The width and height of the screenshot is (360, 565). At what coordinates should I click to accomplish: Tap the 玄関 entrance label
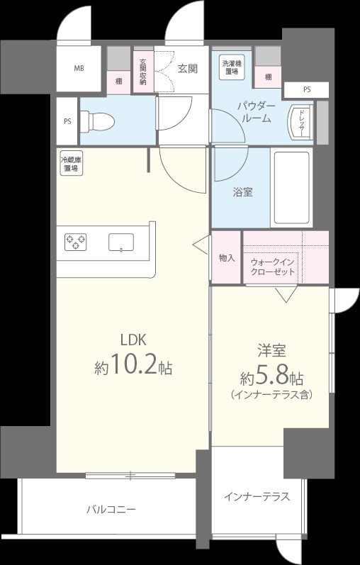187,69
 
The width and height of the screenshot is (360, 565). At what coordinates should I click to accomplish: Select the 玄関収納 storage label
142,72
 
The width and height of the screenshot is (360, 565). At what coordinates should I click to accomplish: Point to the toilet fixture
99,121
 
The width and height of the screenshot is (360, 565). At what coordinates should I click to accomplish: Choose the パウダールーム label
256,112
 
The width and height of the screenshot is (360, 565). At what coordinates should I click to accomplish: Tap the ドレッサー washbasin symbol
300,123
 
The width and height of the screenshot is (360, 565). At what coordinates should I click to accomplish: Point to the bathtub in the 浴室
291,187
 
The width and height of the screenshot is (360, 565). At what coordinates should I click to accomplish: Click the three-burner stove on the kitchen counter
75,242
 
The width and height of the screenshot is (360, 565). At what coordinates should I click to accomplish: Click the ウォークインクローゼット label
273,267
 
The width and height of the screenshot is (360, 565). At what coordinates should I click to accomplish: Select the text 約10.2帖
133,367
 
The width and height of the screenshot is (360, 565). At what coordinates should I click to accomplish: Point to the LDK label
132,339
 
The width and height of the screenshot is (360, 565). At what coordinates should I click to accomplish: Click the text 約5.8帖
272,375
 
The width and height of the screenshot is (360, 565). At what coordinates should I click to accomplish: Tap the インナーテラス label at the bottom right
257,496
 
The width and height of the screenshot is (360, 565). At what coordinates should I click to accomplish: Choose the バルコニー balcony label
111,509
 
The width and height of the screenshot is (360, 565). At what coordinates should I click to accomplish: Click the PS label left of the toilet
67,121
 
